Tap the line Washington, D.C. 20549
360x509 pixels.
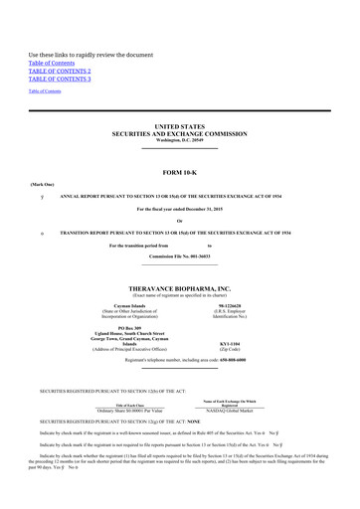pos(179,140)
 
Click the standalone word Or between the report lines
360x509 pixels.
pos(179,221)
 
